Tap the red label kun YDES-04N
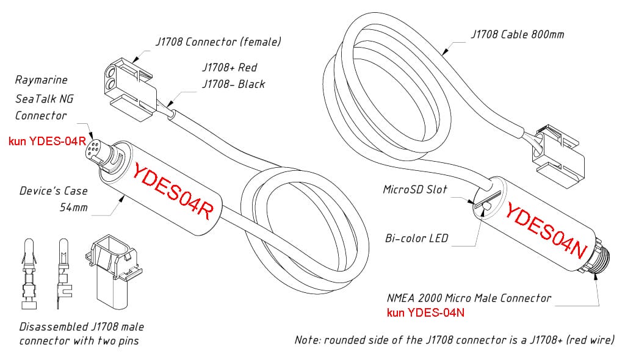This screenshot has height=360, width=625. coord(427,313)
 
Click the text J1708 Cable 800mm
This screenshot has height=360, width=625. coord(518,34)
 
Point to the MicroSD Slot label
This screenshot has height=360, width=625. coord(415,190)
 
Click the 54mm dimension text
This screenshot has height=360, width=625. coord(73,207)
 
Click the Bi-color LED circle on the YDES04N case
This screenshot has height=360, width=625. coord(486,209)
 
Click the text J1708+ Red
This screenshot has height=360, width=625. coord(229,68)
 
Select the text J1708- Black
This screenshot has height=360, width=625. coord(233,84)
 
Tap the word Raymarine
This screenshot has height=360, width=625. coord(41,80)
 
